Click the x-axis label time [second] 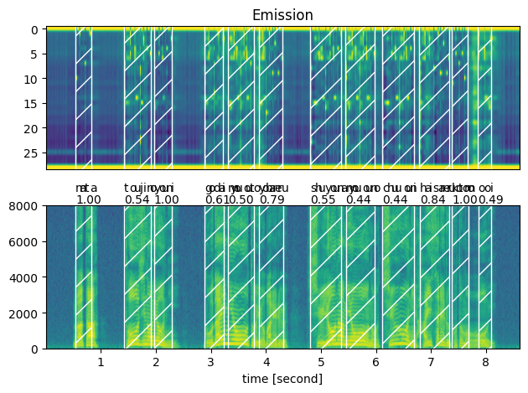(x=282, y=379)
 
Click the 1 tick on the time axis (x=101, y=362)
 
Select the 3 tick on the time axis (x=211, y=362)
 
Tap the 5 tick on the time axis (x=321, y=362)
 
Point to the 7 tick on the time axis (x=431, y=362)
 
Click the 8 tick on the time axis (x=486, y=362)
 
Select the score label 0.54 (x=137, y=199)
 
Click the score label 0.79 (x=272, y=199)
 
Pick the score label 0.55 (x=323, y=199)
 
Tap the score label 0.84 (x=433, y=199)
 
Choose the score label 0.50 (x=241, y=199)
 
